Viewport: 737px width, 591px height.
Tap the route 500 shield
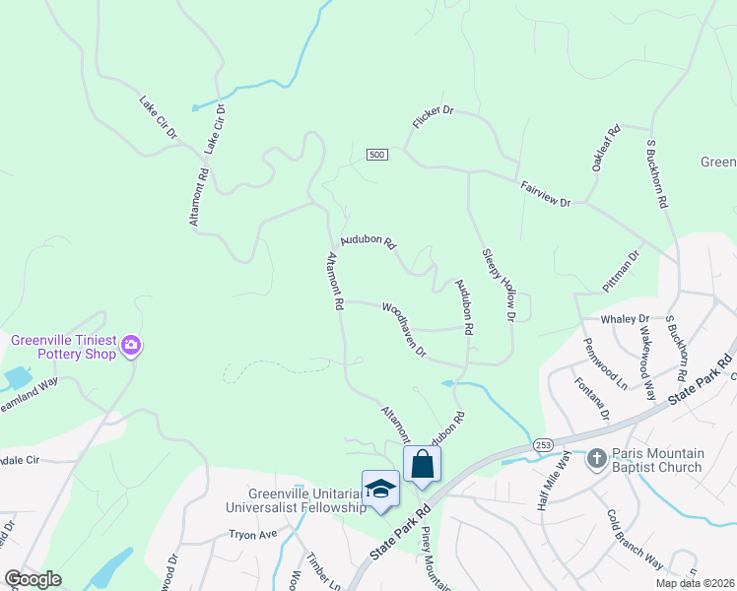coord(376,155)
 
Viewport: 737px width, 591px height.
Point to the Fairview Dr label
coord(545,193)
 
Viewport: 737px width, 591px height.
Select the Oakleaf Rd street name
coord(606,149)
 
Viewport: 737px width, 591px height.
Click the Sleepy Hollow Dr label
coord(499,284)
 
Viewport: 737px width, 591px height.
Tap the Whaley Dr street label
coord(631,319)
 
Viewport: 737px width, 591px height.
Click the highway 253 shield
coord(543,446)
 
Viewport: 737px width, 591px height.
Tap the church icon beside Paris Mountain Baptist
coord(595,459)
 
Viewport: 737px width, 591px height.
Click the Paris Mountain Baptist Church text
coord(656,460)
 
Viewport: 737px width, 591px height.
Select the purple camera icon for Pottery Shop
coord(131,346)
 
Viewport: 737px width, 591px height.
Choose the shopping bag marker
coord(422,463)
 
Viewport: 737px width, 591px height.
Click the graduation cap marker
coord(380,489)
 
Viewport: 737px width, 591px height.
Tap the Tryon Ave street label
coord(249,534)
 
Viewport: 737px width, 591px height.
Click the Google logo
coord(33,579)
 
